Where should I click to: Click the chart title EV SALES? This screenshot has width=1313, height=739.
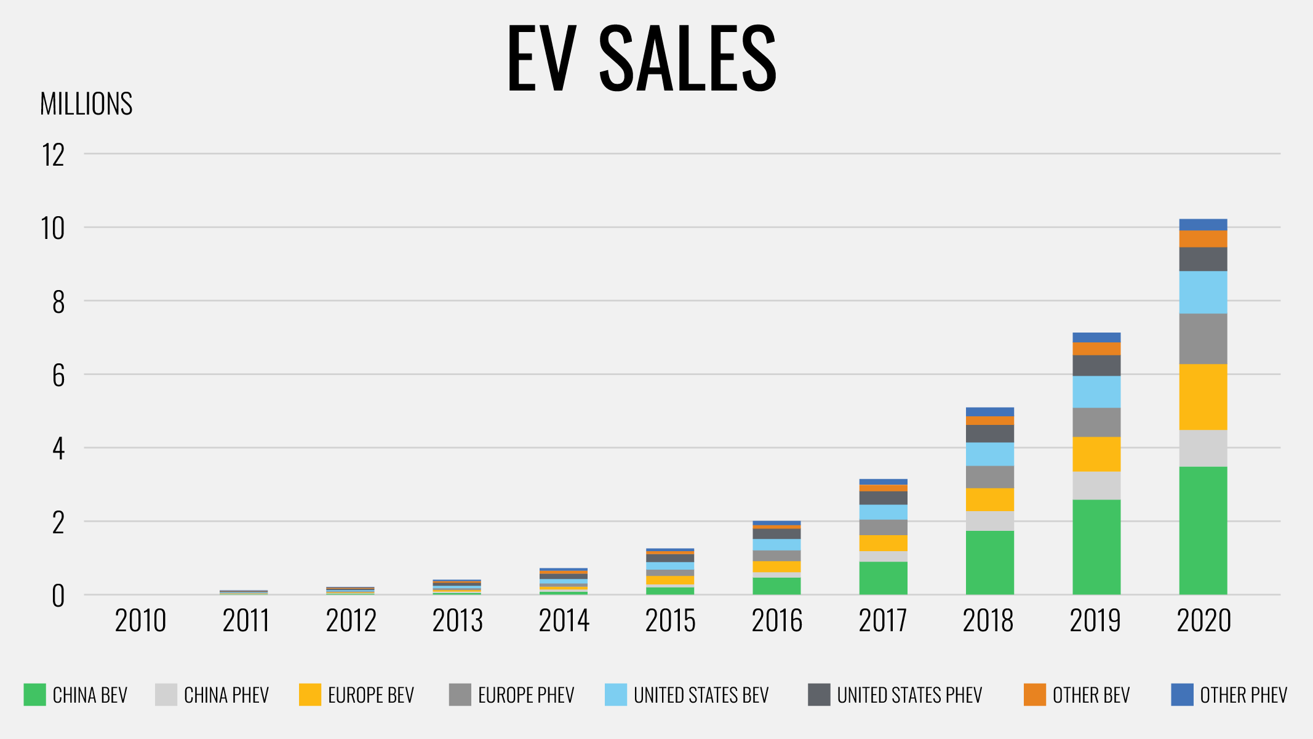[642, 59]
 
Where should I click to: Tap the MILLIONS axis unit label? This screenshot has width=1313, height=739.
[86, 103]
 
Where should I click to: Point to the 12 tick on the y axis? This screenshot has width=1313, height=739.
[54, 155]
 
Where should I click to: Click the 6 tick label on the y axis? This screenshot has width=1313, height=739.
[58, 376]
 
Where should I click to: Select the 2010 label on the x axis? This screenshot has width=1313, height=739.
[140, 621]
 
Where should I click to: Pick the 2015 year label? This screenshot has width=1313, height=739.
[670, 621]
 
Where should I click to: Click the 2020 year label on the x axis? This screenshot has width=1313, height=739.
[1203, 621]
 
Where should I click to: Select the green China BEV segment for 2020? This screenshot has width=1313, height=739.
[1203, 530]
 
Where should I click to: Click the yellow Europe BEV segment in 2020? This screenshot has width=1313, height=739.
[1203, 397]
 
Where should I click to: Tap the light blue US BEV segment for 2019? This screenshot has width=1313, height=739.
[1096, 392]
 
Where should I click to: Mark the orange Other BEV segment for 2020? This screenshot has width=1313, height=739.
[1203, 239]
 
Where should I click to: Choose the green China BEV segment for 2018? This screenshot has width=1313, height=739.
[989, 562]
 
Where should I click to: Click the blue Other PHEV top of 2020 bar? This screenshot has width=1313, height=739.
[1203, 224]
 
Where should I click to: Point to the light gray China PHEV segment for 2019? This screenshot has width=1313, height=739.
[1096, 485]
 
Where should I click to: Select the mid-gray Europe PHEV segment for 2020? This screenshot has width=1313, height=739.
[1203, 339]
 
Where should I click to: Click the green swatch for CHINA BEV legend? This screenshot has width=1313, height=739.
[34, 695]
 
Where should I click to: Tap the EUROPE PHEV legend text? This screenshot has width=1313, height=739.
[525, 695]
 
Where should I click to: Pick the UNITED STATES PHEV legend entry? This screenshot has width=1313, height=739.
[909, 695]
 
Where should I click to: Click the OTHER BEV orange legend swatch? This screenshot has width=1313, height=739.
[1034, 695]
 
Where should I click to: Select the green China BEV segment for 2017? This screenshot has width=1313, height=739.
[883, 578]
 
